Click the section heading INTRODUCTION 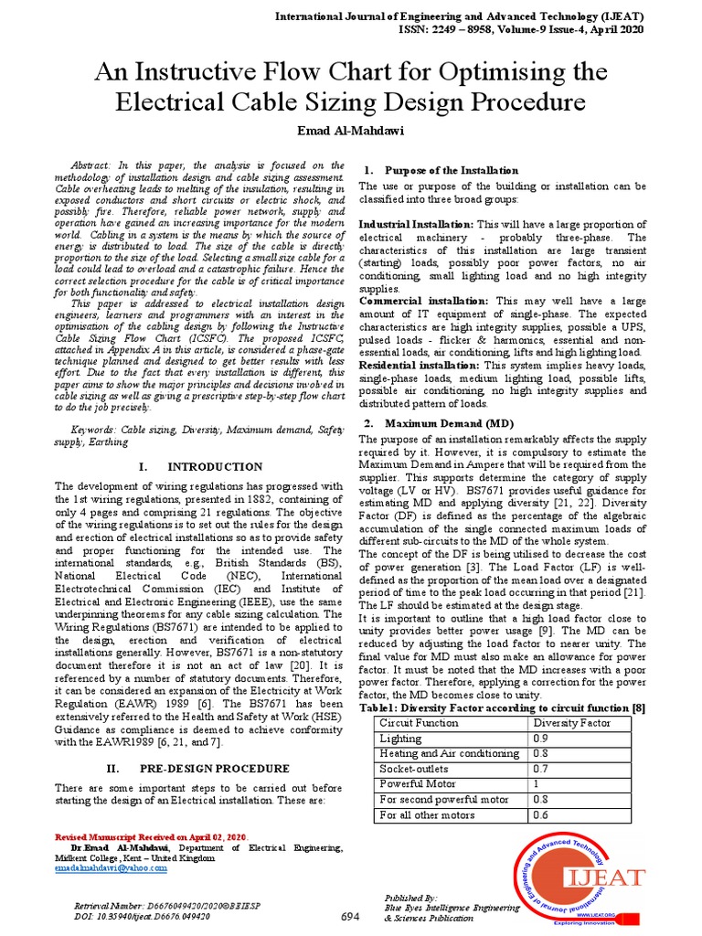(x=213, y=467)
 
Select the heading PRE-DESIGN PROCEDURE (x=215, y=769)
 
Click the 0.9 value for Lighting (x=541, y=738)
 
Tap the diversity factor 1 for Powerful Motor (x=537, y=784)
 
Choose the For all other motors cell (x=427, y=815)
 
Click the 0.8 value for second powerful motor (x=541, y=800)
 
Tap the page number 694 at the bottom (x=351, y=917)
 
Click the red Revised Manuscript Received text (x=151, y=837)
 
